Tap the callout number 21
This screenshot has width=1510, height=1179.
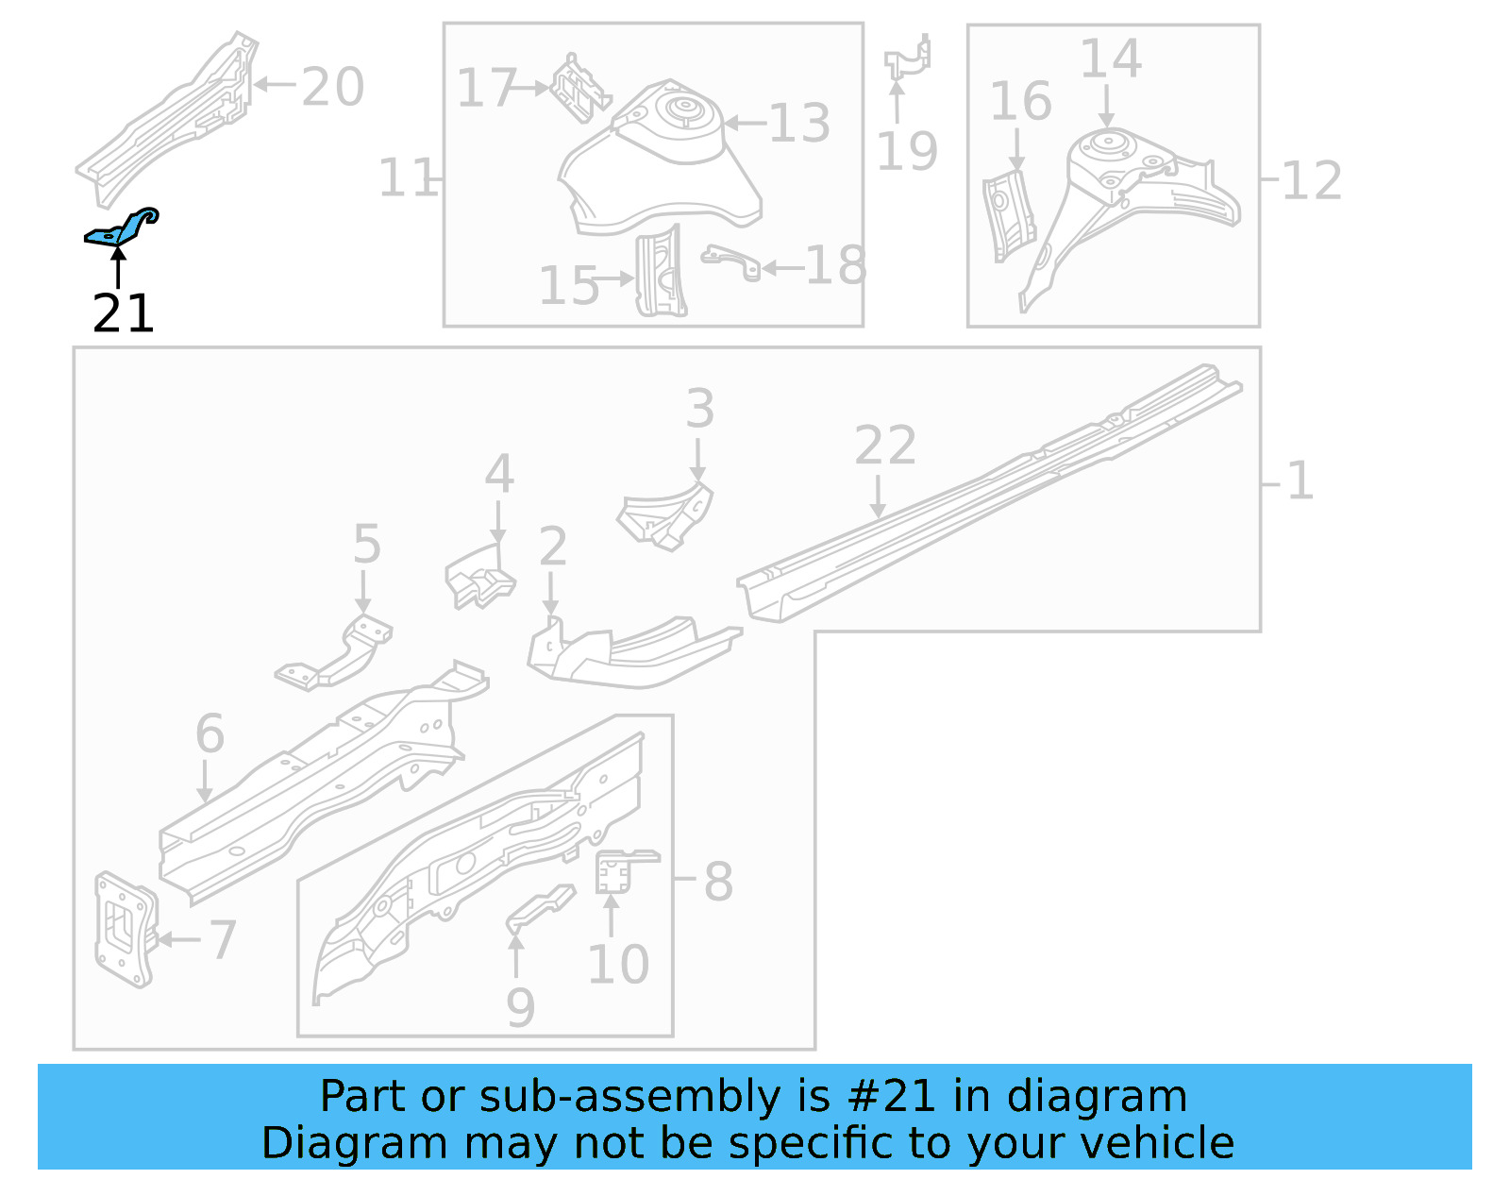click(123, 313)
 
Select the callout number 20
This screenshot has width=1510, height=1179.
click(332, 87)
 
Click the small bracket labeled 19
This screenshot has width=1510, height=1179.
click(908, 59)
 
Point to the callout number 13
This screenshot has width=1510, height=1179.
click(799, 123)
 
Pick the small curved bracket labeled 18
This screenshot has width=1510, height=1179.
click(731, 261)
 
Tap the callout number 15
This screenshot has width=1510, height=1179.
click(568, 285)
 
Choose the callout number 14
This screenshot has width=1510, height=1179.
click(1110, 59)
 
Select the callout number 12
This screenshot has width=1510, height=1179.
click(1312, 180)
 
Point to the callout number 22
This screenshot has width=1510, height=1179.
click(884, 446)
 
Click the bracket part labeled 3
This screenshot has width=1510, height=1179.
click(668, 514)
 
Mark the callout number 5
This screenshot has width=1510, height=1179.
click(366, 545)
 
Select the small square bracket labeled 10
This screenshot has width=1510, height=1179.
click(613, 870)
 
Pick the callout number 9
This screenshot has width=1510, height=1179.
click(520, 1007)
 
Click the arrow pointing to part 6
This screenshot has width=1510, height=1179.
click(205, 782)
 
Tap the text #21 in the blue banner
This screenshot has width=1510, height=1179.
click(891, 1097)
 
